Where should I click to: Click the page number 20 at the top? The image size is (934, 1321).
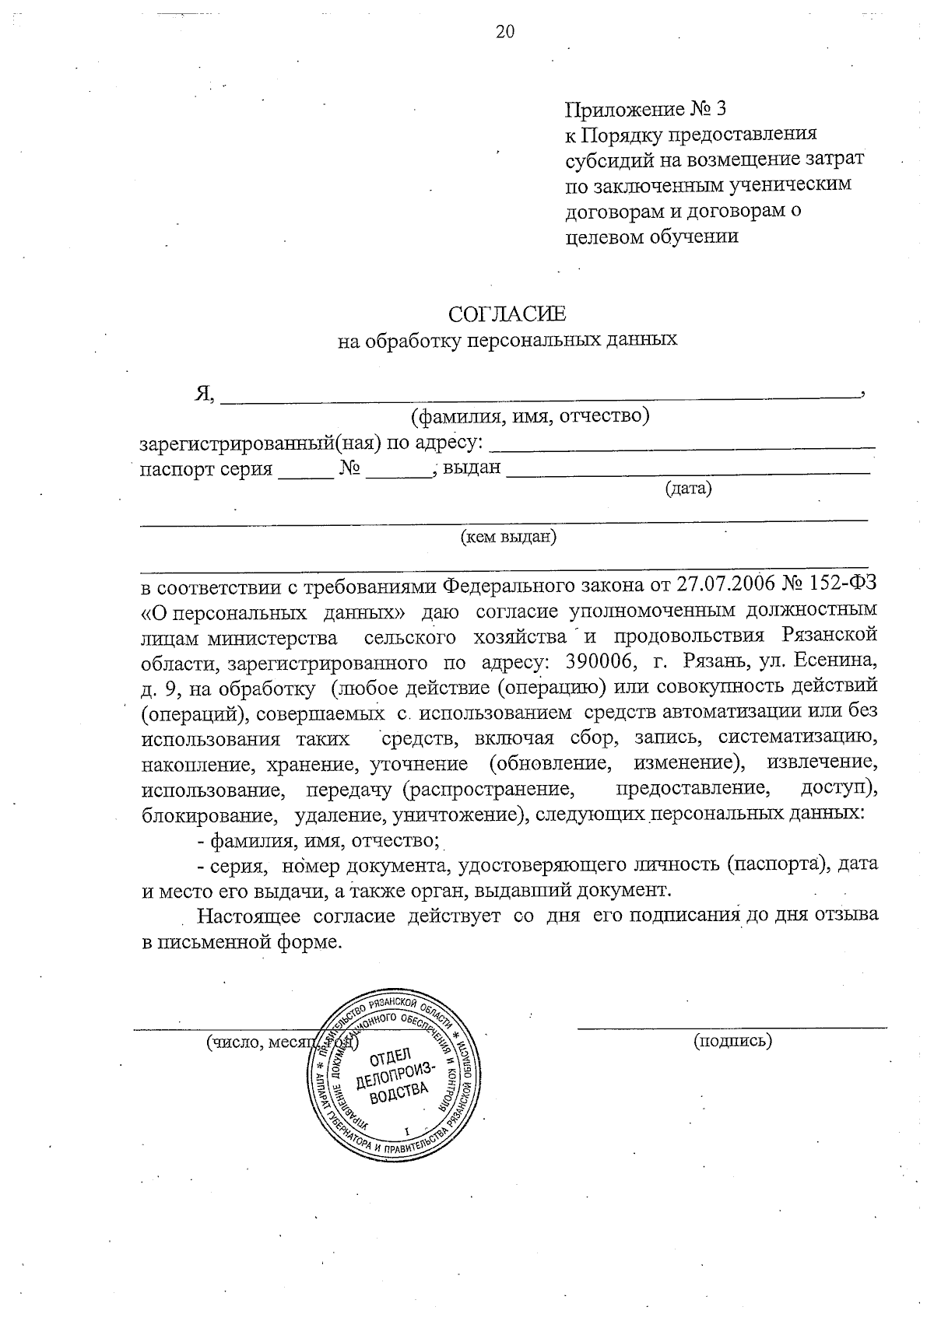coord(504,32)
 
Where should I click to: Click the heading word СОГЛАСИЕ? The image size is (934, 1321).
coord(507,314)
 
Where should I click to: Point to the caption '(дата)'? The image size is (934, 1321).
coord(688,489)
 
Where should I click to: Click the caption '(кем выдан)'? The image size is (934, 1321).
coord(508,537)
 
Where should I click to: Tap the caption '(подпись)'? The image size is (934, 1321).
coord(732,1041)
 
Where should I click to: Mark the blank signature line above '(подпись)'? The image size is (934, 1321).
coord(732,1028)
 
